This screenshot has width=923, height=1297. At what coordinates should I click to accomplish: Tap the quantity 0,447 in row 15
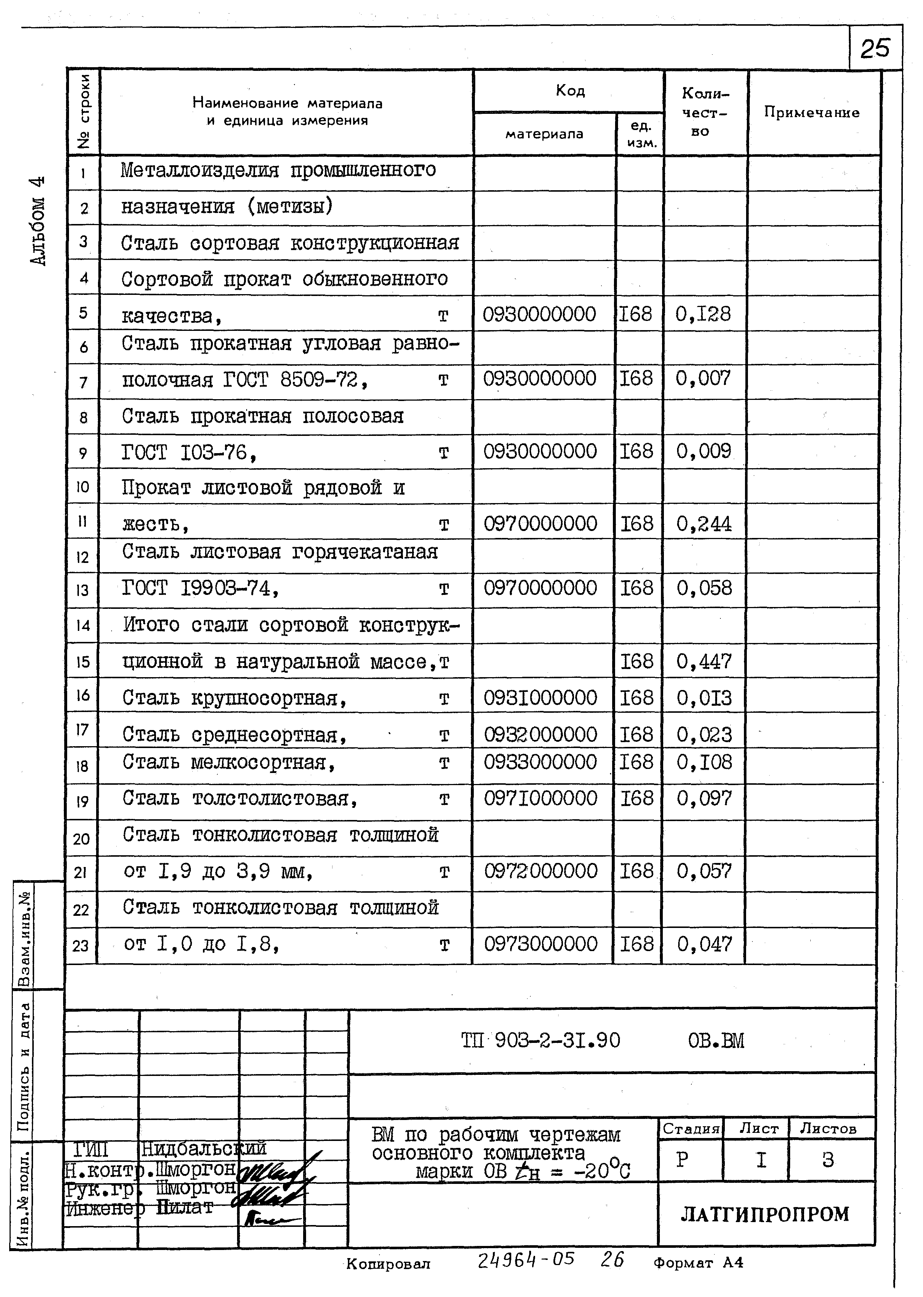[704, 661]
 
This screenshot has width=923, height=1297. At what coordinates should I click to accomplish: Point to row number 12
[83, 557]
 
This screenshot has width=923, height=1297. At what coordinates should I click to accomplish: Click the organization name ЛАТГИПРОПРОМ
[764, 1214]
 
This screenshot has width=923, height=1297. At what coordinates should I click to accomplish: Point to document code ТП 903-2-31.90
[540, 1041]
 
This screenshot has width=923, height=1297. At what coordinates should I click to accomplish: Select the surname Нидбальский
[203, 1149]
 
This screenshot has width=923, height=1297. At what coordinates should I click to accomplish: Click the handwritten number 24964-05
[525, 1260]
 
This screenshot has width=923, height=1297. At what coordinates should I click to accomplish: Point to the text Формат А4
[698, 1263]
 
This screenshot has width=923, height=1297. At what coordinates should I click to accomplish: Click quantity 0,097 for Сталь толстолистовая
[704, 798]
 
